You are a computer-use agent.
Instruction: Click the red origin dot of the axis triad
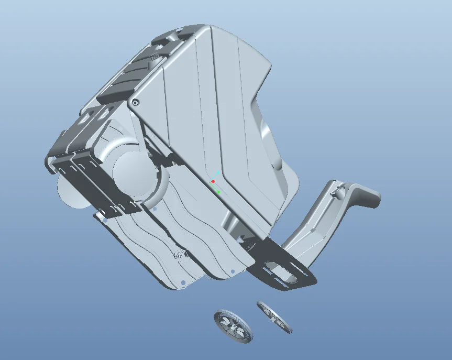pos(213,181)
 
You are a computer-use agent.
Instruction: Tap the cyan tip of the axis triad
pos(218,172)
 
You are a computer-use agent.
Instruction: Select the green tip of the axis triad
pos(219,192)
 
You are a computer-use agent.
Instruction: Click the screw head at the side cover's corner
pos(136,103)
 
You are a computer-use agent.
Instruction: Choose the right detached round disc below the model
pos(274,317)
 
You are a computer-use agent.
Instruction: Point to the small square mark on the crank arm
pos(313,230)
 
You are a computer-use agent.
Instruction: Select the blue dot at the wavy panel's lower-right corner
pos(233,271)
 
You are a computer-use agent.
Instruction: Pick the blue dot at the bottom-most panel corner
pos(182,283)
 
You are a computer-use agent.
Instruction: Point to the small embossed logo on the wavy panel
pos(180,255)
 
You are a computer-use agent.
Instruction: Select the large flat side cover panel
pos(210,115)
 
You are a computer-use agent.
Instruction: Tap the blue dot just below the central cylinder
pos(155,209)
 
